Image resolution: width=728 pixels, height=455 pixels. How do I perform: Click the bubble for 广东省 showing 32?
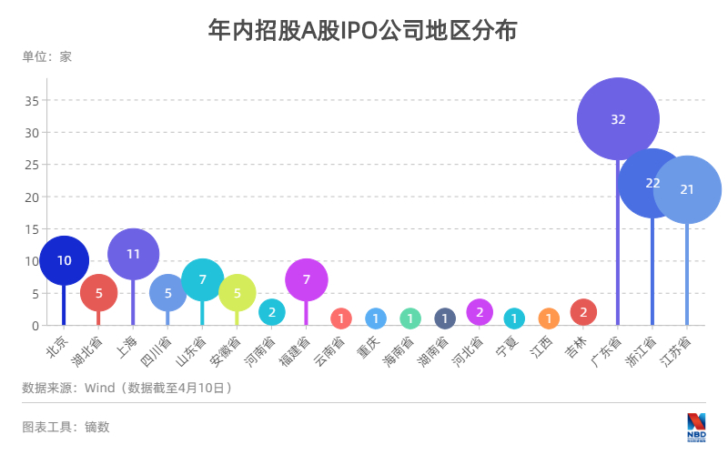pyautogui.click(x=618, y=119)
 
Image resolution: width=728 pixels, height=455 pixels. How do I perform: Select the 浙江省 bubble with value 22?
pyautogui.click(x=652, y=183)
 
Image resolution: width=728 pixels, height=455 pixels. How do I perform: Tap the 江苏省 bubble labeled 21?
pyautogui.click(x=687, y=189)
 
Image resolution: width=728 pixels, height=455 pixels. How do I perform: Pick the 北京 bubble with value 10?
pyautogui.click(x=64, y=260)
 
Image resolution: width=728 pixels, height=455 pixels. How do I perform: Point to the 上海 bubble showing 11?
pyautogui.click(x=133, y=254)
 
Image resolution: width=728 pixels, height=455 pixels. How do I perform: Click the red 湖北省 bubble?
pyautogui.click(x=98, y=293)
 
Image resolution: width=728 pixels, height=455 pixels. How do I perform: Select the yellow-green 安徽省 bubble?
pyautogui.click(x=237, y=293)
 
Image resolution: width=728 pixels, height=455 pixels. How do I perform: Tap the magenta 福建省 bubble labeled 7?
pyautogui.click(x=306, y=279)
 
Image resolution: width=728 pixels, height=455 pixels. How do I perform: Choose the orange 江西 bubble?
pyautogui.click(x=549, y=318)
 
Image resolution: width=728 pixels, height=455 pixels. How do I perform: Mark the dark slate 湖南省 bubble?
pyautogui.click(x=444, y=318)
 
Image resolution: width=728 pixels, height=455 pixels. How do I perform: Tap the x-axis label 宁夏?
pyautogui.click(x=506, y=347)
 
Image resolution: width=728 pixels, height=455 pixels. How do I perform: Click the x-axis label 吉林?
pyautogui.click(x=575, y=347)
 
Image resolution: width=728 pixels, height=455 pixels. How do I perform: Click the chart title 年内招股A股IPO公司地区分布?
pyautogui.click(x=363, y=30)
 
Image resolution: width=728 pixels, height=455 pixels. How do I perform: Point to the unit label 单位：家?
pyautogui.click(x=46, y=56)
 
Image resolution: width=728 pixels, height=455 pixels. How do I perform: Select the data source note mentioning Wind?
pyautogui.click(x=127, y=388)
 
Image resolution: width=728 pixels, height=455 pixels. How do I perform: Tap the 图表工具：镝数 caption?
pyautogui.click(x=66, y=426)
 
